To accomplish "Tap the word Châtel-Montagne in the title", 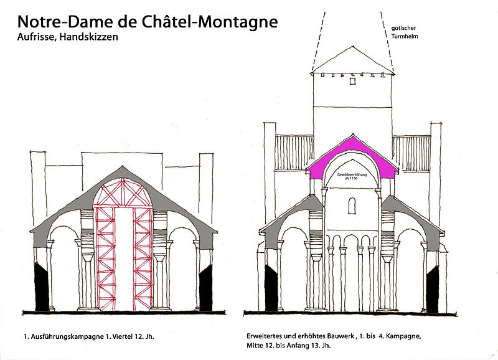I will [207, 21].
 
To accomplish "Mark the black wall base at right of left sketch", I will [206, 287].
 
